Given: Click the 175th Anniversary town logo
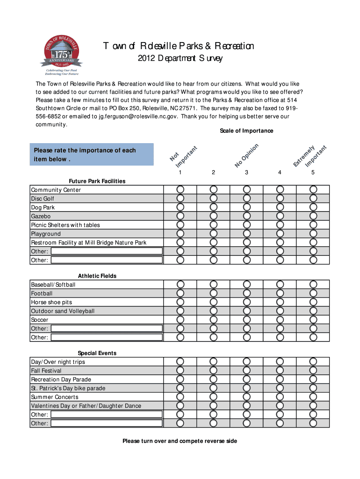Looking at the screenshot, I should pos(62,55).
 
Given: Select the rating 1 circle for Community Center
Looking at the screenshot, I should pos(180,189).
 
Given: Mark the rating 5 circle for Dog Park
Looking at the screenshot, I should pos(313,207).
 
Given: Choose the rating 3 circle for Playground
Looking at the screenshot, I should pos(246,233).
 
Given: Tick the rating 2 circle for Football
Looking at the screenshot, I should pos(213,293).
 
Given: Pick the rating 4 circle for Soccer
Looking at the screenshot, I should pos(280,319).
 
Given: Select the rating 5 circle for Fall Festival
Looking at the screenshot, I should pos(313,370).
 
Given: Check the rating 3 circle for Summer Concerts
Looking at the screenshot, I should pos(246,397).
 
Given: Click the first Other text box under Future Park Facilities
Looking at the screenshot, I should pos(106,251).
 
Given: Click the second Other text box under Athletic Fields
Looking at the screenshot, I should pos(106,337).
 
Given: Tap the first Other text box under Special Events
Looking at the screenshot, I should pos(106,414).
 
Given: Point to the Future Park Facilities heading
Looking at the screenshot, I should pos(97,181).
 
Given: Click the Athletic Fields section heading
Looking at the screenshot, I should pos(97,276).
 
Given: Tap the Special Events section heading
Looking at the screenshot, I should pos(97,353).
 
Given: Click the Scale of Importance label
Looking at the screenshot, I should pos(246,131).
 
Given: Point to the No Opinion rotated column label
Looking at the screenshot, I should pos(246,155).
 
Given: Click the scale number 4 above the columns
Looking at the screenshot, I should pos(280,173).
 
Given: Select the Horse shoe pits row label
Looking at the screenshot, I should pos(51,302).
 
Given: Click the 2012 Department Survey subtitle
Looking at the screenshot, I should pos(180,59).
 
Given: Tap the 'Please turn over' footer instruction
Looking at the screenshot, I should pos(180,441).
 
